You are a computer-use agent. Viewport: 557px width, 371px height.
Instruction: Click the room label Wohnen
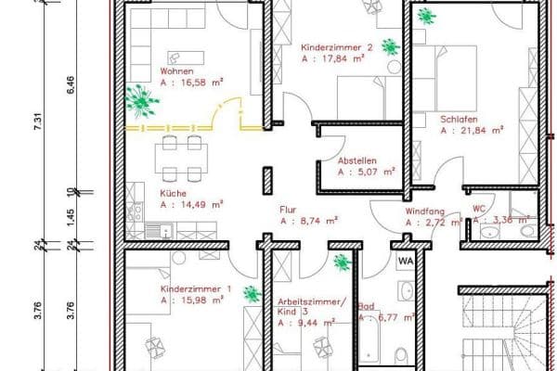pos(176,70)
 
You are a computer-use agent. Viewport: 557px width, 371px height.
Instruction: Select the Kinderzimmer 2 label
pos(337,46)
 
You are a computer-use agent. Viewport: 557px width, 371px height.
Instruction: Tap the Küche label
pos(174,192)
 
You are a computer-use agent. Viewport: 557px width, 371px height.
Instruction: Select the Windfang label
pos(424,211)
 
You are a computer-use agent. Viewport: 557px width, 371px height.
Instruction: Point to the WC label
pos(479,208)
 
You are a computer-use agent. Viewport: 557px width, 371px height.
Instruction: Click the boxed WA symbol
pos(406,262)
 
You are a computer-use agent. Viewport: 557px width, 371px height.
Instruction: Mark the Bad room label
pos(368,305)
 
